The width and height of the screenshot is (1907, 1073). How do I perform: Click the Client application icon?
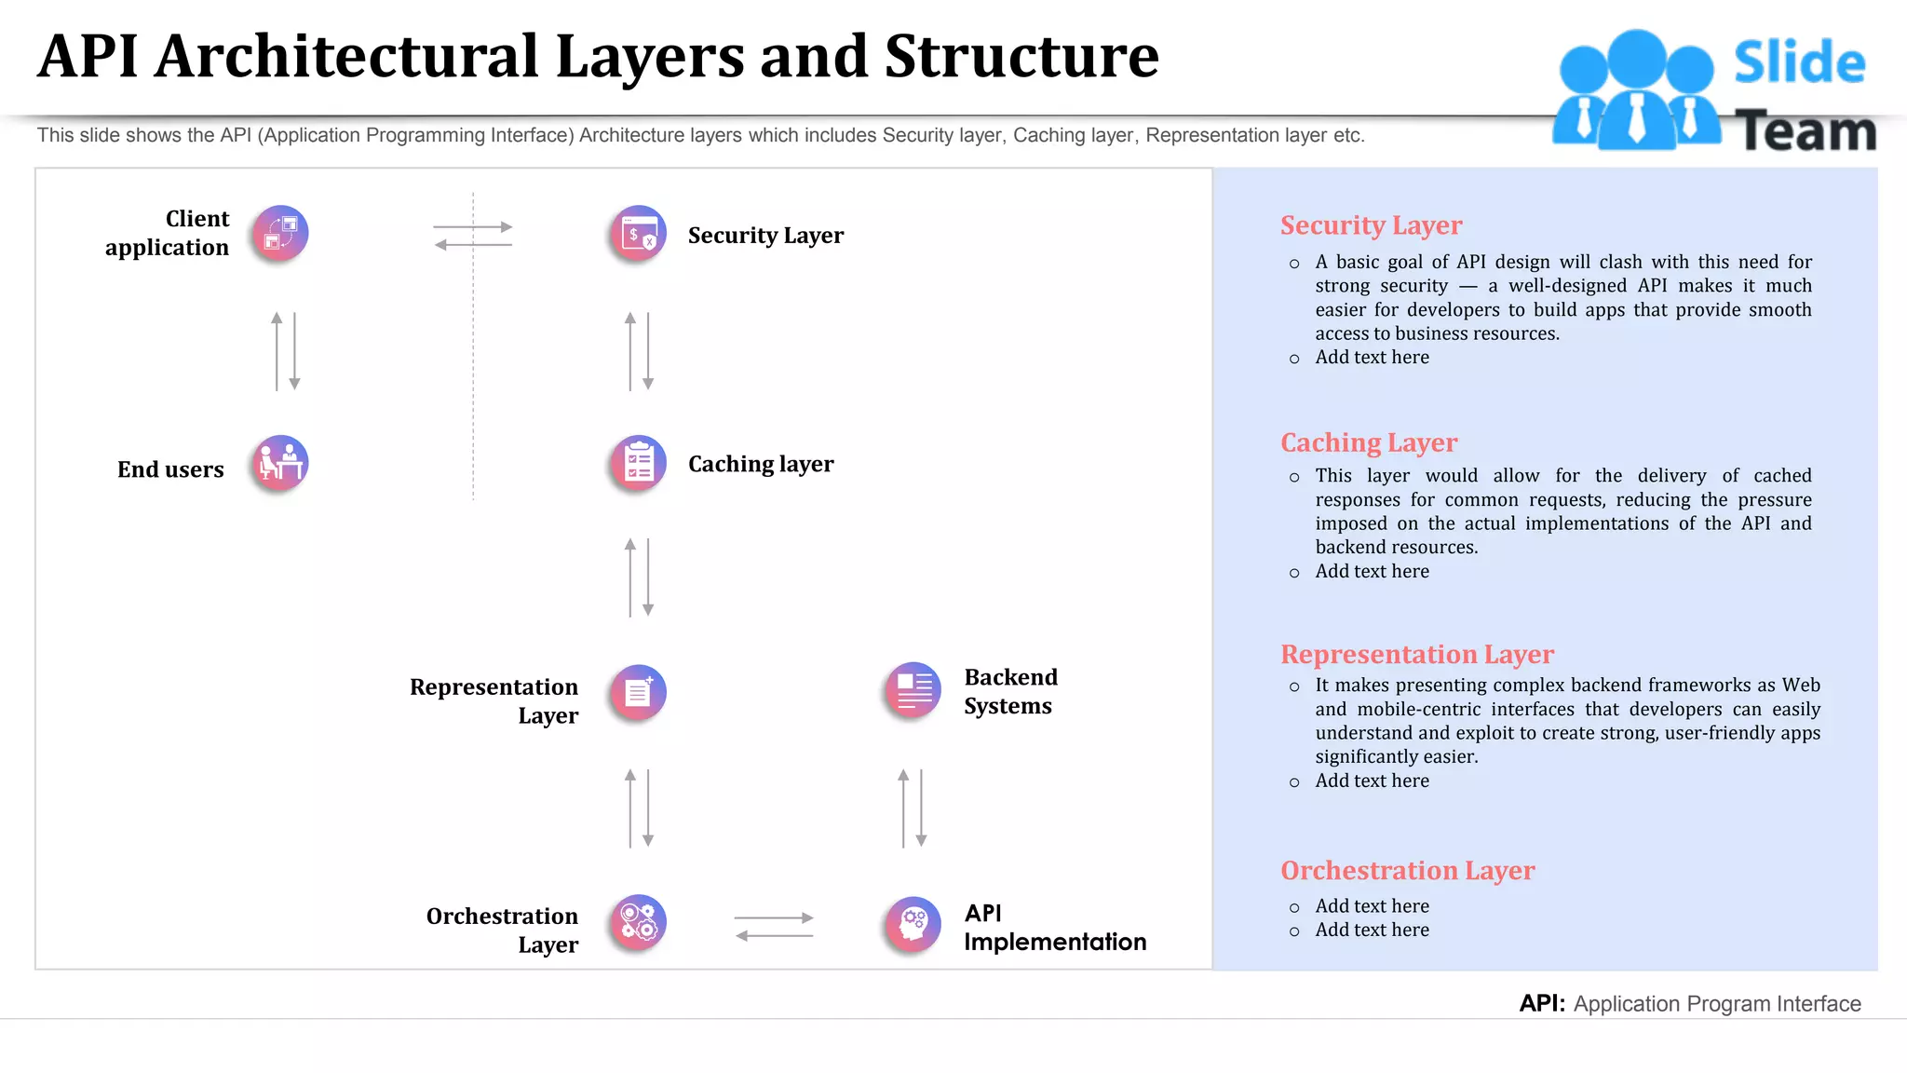tap(279, 233)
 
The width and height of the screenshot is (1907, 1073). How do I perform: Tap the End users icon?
tap(279, 463)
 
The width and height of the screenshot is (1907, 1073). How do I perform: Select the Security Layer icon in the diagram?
tap(639, 233)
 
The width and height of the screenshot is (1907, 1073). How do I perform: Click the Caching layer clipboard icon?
tap(639, 463)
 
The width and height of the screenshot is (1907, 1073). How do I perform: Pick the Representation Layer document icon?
tap(639, 692)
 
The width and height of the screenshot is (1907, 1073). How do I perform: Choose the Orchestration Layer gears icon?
tap(639, 922)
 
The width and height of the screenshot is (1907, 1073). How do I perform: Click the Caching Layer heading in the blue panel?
tap(1368, 442)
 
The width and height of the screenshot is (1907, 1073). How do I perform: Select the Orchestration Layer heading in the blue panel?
tap(1406, 870)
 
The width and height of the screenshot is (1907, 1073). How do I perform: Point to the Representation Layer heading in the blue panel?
tap(1416, 654)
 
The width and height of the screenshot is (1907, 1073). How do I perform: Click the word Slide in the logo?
tap(1798, 63)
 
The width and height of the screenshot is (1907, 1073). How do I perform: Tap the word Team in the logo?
tap(1805, 131)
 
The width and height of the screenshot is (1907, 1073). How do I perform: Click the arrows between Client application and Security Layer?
tap(473, 236)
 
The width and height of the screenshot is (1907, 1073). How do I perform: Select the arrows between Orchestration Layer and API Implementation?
tap(774, 927)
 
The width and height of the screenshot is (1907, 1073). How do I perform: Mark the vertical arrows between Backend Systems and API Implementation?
tap(912, 808)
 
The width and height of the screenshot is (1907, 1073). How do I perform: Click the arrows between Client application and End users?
tap(285, 351)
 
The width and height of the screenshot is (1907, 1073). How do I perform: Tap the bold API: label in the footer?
tap(1541, 1003)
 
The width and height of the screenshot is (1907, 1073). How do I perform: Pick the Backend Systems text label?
tap(1010, 691)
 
